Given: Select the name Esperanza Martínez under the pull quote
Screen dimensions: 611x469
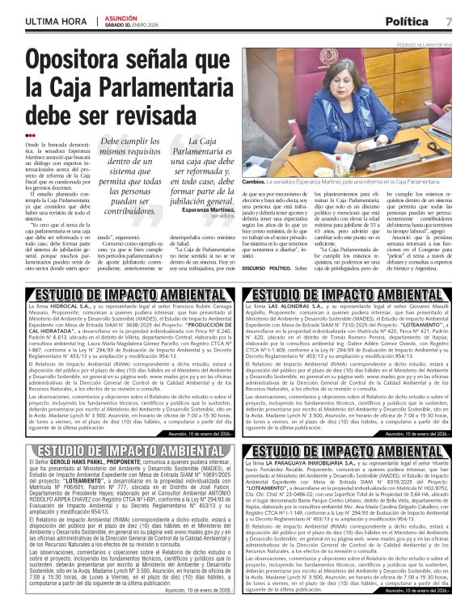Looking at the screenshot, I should [x=201, y=210].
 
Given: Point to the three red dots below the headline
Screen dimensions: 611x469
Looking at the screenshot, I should [x=31, y=135].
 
